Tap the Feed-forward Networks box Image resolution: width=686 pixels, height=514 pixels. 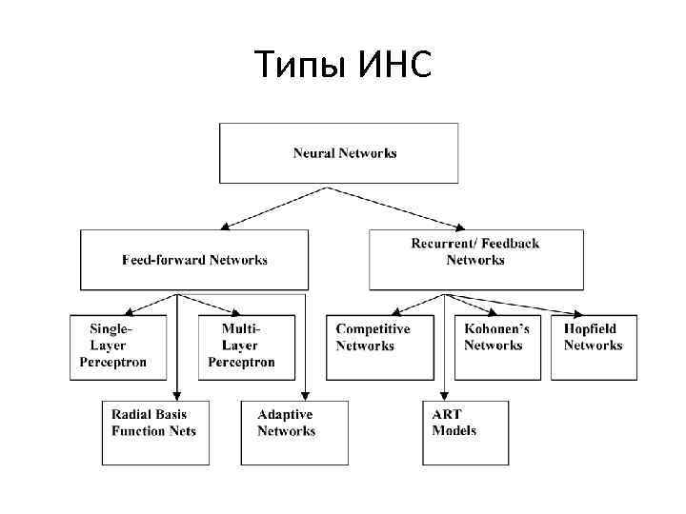coord(194,259)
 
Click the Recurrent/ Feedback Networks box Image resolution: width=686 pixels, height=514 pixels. coord(475,259)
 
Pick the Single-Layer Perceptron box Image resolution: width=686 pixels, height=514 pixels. coord(112,346)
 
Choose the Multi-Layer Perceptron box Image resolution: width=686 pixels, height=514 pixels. coord(241,346)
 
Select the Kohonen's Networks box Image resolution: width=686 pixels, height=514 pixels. coord(494,346)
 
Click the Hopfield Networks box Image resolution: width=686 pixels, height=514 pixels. coord(594,346)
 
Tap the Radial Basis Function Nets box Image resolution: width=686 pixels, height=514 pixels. coord(155,433)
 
